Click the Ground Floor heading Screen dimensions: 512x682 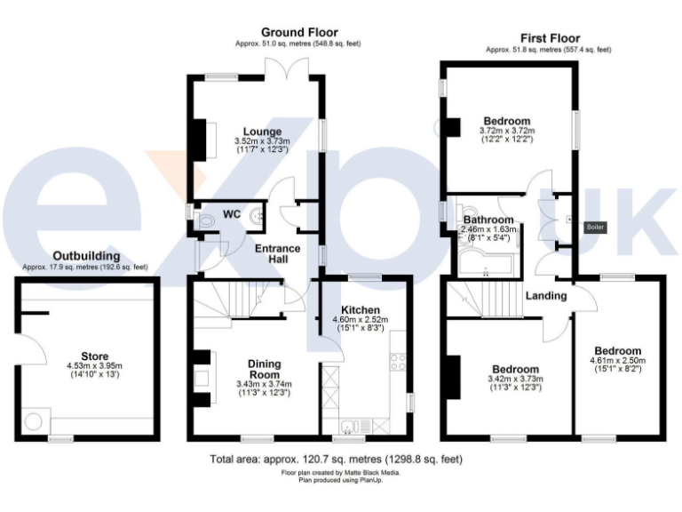tap(298, 33)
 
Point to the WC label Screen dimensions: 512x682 tap(231, 214)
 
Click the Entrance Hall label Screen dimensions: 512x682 tap(278, 254)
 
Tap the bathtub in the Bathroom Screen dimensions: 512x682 tap(485, 263)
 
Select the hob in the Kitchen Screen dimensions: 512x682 tap(398, 362)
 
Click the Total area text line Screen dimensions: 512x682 tap(336, 460)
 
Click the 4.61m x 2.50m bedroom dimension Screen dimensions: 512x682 tap(618, 361)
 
